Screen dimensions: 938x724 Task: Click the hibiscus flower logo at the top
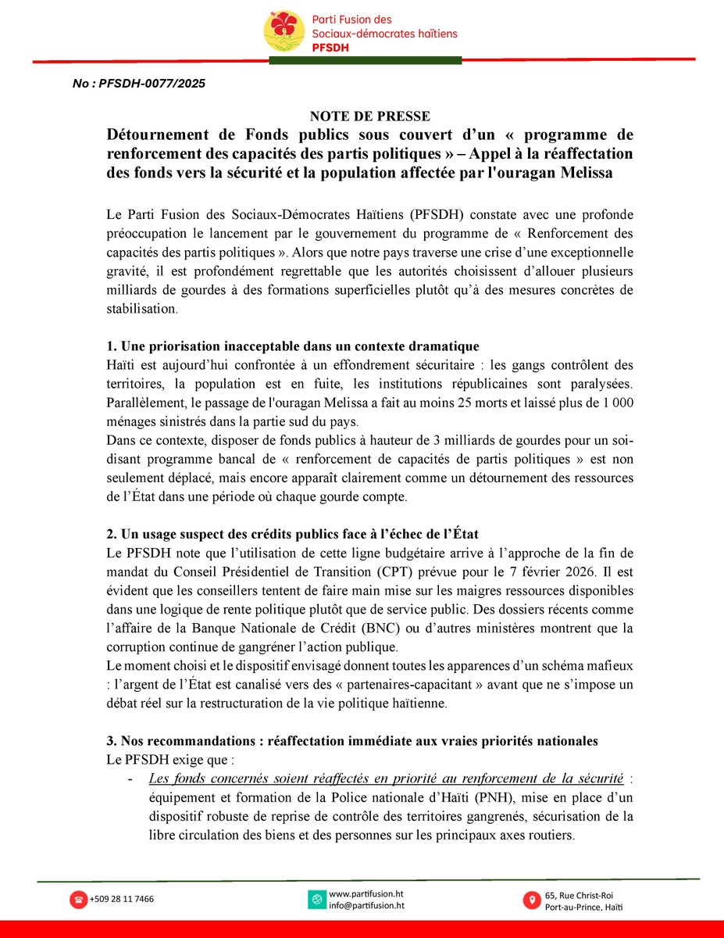click(x=284, y=30)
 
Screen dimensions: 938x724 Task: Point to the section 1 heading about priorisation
click(x=293, y=345)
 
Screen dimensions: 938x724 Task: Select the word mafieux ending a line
click(x=610, y=665)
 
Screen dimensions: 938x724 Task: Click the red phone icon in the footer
click(x=79, y=899)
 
